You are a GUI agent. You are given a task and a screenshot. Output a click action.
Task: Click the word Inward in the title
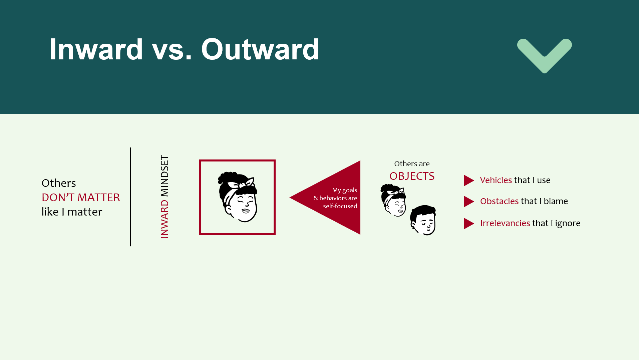(96, 49)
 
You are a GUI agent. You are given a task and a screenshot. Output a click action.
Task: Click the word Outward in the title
(260, 49)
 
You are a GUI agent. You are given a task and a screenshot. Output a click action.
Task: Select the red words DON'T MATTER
(81, 198)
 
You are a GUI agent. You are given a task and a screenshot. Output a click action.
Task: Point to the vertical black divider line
(130, 197)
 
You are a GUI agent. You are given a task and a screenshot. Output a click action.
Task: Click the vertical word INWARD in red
(165, 219)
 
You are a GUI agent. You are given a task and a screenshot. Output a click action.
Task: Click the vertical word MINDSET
(165, 176)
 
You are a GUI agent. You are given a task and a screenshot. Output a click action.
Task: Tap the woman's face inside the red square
(238, 197)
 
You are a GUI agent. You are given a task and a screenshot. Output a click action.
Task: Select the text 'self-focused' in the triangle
(340, 206)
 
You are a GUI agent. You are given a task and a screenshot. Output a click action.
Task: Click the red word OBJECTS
(412, 176)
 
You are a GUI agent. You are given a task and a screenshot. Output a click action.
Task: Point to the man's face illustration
(423, 220)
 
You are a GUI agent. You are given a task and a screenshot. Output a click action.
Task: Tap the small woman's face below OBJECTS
(393, 200)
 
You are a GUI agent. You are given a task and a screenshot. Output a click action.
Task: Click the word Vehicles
(496, 180)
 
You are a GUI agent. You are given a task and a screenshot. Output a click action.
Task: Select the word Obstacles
(500, 201)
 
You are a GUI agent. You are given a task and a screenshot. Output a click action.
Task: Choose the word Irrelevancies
(505, 223)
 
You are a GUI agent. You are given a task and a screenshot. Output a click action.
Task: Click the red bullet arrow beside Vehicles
(469, 181)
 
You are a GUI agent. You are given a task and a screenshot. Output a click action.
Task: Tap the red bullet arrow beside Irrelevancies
(469, 224)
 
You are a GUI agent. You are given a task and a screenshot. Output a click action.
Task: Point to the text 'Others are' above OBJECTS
(412, 164)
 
